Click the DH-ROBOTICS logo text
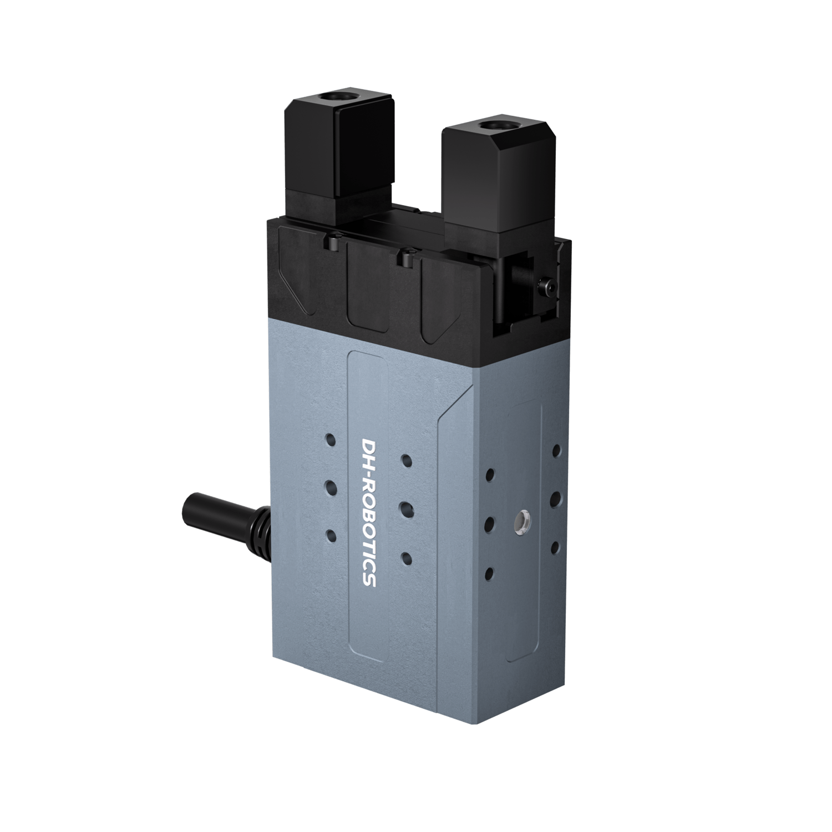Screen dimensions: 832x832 click(369, 513)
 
